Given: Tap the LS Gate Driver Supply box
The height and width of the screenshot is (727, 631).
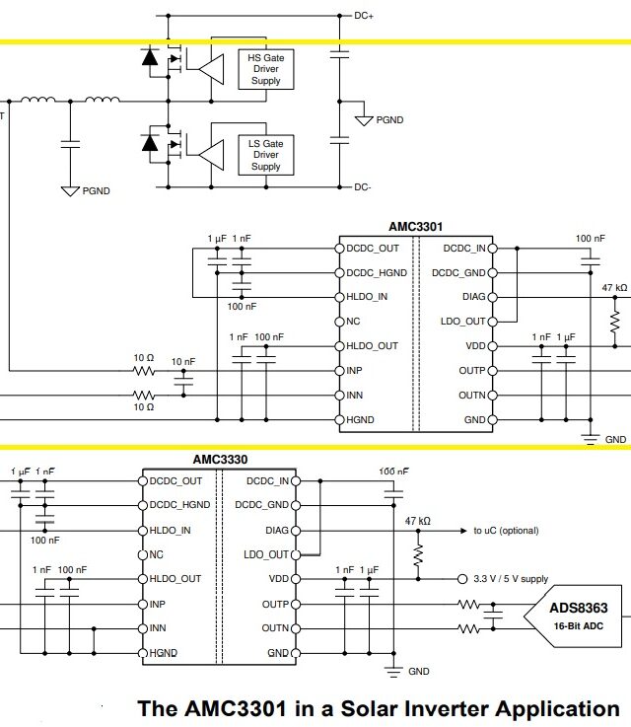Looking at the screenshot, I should (265, 155).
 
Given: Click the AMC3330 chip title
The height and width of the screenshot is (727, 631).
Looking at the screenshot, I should (220, 459).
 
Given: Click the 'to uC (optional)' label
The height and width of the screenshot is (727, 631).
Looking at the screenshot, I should (506, 531).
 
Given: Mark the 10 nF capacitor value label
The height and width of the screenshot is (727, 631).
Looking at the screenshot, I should (183, 362).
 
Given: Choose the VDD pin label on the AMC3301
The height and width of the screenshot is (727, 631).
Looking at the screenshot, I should (474, 346).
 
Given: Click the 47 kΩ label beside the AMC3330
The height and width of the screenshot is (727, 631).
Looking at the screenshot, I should (418, 520).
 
